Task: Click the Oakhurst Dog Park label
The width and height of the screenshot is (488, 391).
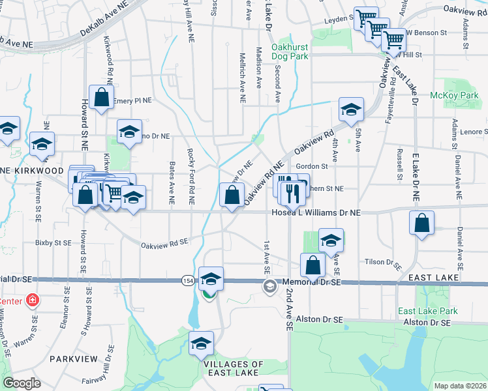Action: [299, 51]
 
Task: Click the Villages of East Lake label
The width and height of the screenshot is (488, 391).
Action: [233, 368]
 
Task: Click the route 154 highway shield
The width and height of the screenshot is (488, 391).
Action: [187, 280]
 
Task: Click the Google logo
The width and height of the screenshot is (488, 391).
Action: [22, 383]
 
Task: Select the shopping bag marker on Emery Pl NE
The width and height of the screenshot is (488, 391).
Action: [102, 98]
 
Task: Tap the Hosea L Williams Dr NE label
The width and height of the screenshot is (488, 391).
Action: [316, 213]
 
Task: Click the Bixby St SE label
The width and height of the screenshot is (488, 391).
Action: [53, 242]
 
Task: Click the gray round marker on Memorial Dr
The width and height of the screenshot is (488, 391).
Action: [269, 286]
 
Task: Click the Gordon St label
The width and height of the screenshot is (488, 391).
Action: [311, 166]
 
